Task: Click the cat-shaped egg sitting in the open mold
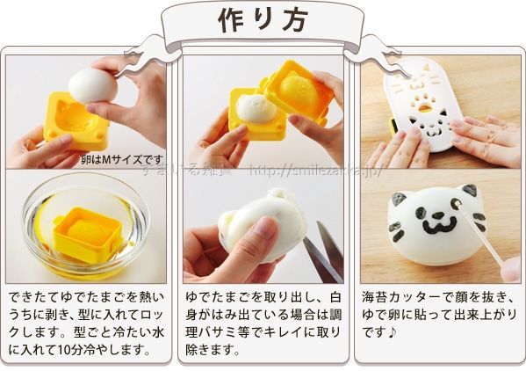coord(253,109)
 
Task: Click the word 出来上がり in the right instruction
coord(482,315)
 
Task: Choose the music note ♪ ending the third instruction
coord(396,333)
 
